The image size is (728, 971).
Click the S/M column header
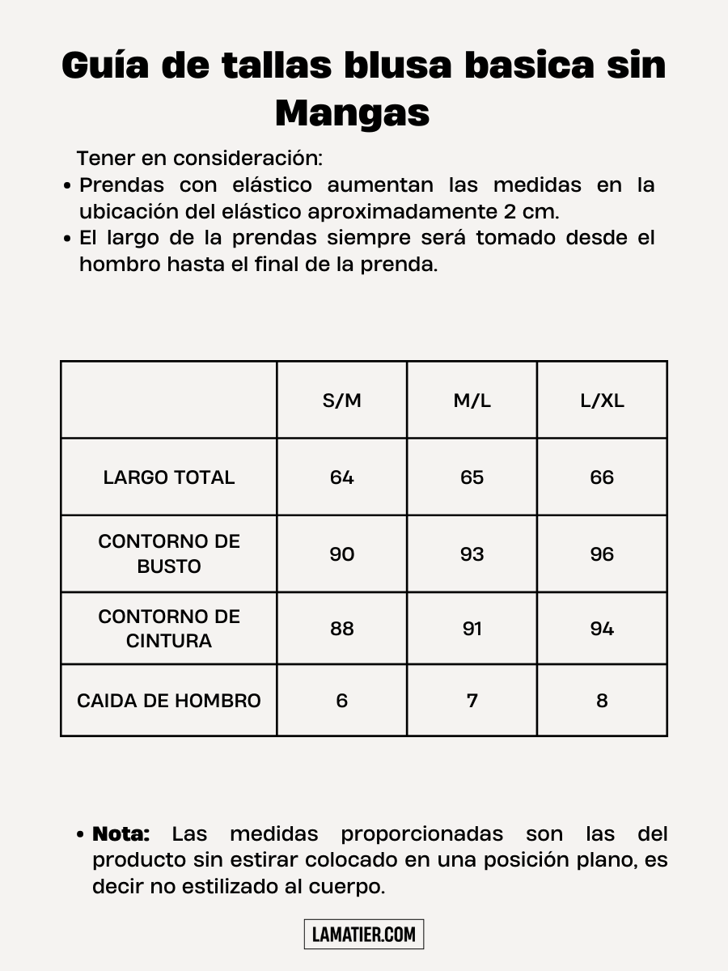341,401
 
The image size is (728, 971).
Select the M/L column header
472,401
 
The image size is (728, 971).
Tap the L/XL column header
602,401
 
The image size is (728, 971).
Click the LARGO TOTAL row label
169,477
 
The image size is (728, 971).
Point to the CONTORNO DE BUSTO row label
169,553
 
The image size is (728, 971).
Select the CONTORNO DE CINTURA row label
169,629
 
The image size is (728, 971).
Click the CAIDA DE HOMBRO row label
169,701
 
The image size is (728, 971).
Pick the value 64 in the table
341,477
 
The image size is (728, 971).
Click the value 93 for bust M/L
472,554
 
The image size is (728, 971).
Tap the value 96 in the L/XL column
602,554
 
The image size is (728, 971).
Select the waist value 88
341,629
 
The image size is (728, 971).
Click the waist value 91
472,629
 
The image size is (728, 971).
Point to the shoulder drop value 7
472,701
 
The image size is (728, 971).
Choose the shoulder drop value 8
602,701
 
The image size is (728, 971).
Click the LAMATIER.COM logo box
364,935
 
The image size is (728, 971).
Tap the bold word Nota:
121,833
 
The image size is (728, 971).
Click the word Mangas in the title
352,113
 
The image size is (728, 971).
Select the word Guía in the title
104,65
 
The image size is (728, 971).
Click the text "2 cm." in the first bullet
531,211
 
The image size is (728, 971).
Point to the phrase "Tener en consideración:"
200,158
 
